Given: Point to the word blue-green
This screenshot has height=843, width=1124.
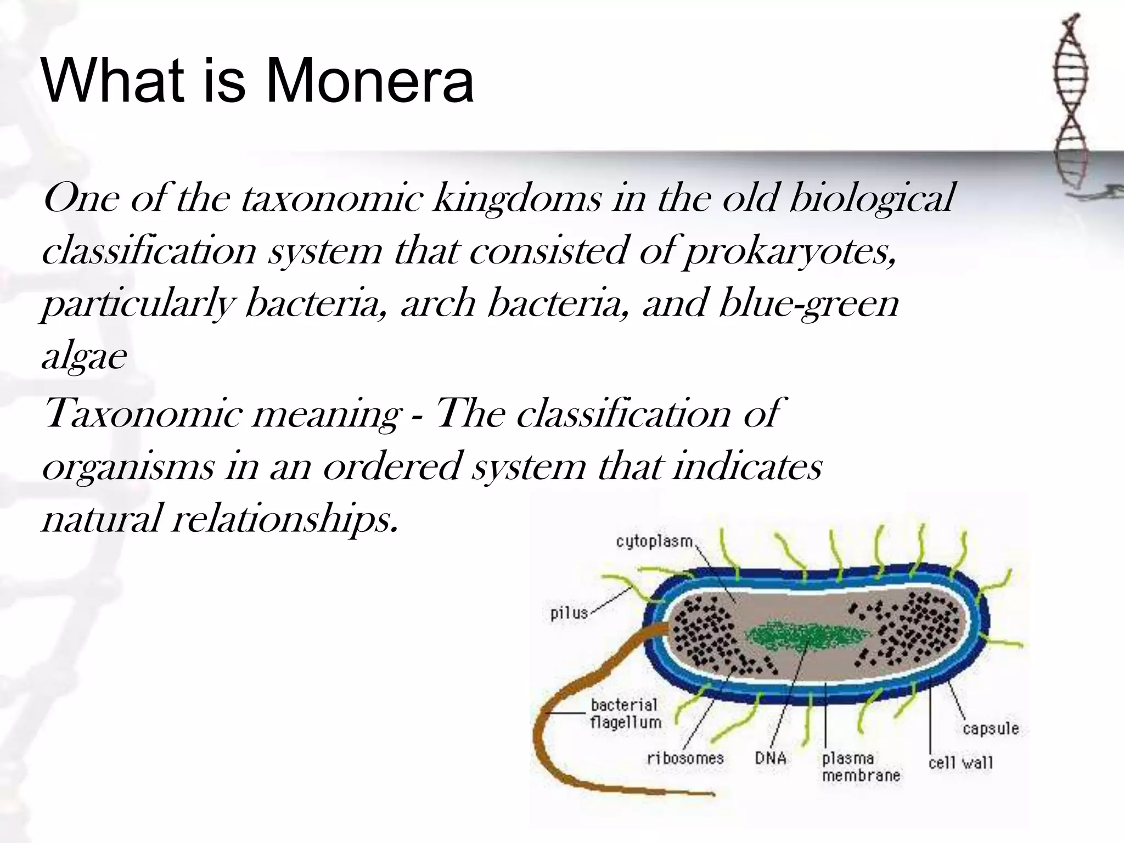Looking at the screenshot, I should pyautogui.click(x=808, y=304).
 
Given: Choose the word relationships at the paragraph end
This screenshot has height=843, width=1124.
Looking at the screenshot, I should pyautogui.click(x=284, y=519).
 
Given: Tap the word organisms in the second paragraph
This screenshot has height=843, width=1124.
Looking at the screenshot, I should pyautogui.click(x=128, y=467).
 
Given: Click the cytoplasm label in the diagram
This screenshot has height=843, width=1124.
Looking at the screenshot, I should pyautogui.click(x=654, y=542).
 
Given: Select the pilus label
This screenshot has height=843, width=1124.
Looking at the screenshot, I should pyautogui.click(x=569, y=612).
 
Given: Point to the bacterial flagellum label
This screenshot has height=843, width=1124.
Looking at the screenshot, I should pyautogui.click(x=625, y=713).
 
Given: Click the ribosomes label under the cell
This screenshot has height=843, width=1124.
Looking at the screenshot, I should pyautogui.click(x=685, y=758).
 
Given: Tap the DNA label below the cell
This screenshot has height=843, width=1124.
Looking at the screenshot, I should pyautogui.click(x=771, y=758).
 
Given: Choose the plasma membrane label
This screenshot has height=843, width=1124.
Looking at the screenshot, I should pyautogui.click(x=861, y=767).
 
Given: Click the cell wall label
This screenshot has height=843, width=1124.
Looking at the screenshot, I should pyautogui.click(x=960, y=763).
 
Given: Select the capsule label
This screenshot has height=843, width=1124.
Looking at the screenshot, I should pyautogui.click(x=991, y=729).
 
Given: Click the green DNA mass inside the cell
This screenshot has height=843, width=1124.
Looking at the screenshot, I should pyautogui.click(x=807, y=637).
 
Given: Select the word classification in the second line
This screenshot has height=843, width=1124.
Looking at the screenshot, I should pyautogui.click(x=149, y=251).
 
